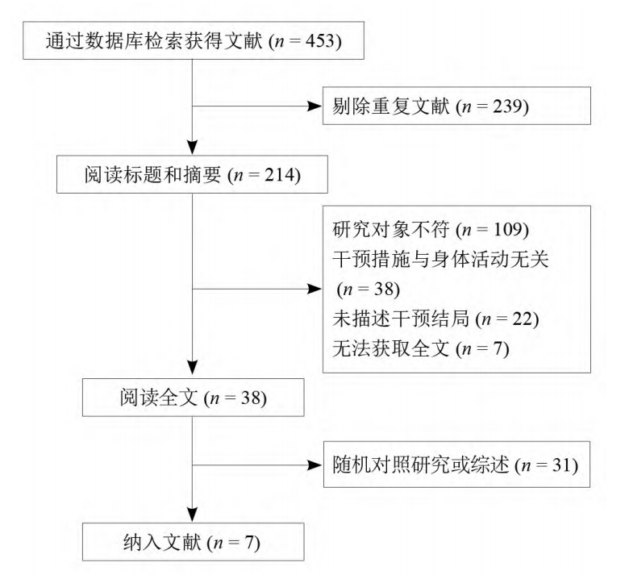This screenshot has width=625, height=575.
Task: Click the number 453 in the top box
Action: coord(320,40)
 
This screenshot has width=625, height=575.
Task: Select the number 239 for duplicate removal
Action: coord(508,106)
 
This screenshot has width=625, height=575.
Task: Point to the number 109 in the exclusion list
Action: coord(509,229)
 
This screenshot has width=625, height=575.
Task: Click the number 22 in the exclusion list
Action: coord(523,319)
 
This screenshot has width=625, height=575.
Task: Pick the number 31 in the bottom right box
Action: coord(562,465)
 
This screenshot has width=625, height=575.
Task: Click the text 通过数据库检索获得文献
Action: coord(154,40)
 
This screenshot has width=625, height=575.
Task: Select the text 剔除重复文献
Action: coord(391,106)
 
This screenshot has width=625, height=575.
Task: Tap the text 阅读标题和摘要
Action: coord(152,175)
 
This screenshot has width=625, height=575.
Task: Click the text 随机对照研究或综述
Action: coord(421,465)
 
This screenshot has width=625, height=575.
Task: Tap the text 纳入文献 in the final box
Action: coord(162,542)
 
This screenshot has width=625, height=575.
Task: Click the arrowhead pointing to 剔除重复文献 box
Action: coord(315,106)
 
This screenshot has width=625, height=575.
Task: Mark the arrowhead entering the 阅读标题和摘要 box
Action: coord(193,148)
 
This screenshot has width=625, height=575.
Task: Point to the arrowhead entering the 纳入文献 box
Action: coord(193,515)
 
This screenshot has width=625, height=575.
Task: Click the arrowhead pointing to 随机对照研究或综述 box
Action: coord(315,465)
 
